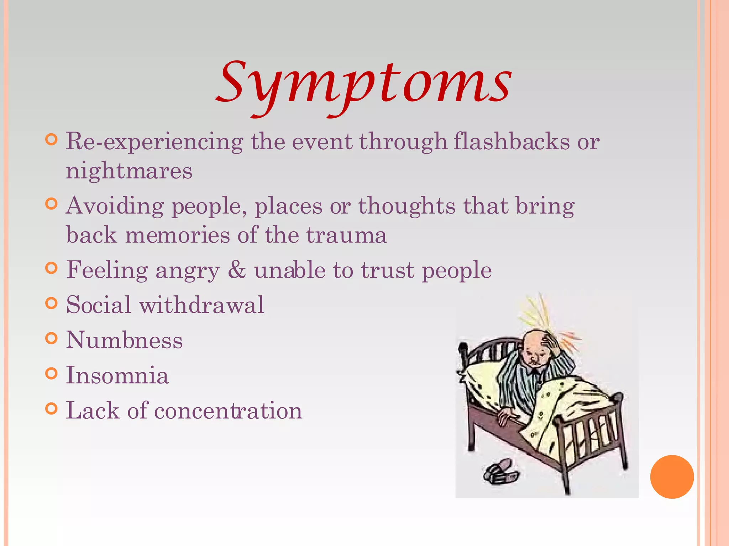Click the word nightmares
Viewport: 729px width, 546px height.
pyautogui.click(x=129, y=171)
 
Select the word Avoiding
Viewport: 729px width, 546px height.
pyautogui.click(x=115, y=206)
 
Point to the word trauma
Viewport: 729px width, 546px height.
pyautogui.click(x=346, y=235)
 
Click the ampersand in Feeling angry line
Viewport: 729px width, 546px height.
pyautogui.click(x=237, y=270)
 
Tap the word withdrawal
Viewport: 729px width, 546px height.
pyautogui.click(x=201, y=305)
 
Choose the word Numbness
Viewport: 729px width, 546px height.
pyautogui.click(x=124, y=340)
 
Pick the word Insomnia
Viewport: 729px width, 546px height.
pyautogui.click(x=117, y=375)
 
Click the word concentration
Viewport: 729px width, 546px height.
pyautogui.click(x=228, y=411)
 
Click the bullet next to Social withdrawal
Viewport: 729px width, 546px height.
pyautogui.click(x=52, y=304)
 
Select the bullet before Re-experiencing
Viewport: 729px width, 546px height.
pyautogui.click(x=52, y=139)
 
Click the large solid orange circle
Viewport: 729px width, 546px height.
pyautogui.click(x=672, y=477)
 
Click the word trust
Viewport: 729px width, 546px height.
pyautogui.click(x=388, y=270)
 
